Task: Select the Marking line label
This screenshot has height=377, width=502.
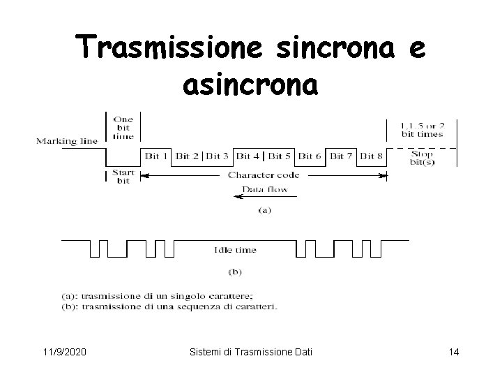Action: pos(67,141)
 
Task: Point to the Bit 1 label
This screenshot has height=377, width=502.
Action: pos(156,156)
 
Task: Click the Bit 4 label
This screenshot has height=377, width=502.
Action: pos(249,156)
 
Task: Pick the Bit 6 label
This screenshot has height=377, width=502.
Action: pos(309,156)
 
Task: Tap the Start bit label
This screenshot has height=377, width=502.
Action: pos(123,177)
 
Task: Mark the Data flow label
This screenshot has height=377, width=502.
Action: pos(264,188)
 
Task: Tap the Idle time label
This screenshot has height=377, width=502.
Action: pos(235,249)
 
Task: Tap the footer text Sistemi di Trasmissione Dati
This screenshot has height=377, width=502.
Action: pos(251,352)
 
